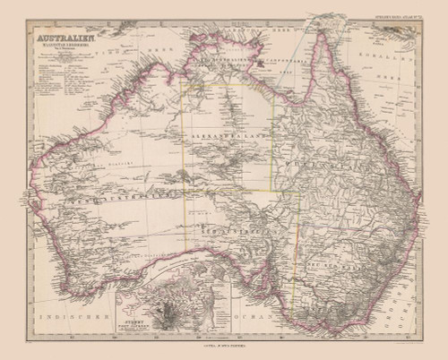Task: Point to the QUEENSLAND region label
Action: click(309, 165)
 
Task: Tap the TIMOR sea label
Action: click(134, 40)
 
